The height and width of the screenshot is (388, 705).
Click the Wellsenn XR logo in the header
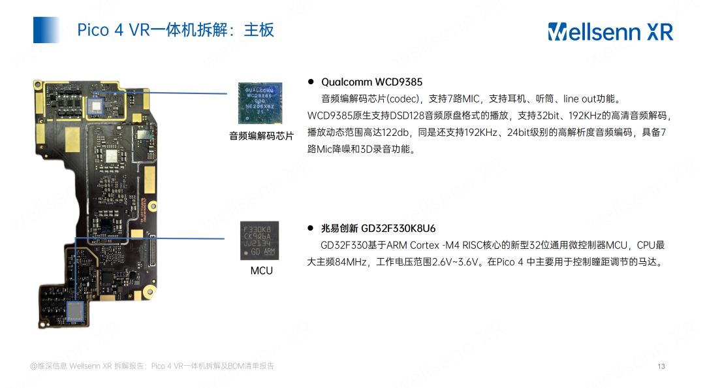610,31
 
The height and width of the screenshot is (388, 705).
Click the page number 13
661,366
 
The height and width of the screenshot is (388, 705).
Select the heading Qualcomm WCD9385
371,82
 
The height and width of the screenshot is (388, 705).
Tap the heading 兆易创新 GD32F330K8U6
378,229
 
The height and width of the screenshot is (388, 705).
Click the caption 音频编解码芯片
261,136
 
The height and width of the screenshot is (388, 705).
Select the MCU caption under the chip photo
261,270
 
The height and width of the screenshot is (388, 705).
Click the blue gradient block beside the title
46,30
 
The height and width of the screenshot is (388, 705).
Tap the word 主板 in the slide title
259,30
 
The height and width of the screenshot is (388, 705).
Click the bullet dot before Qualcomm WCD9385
311,82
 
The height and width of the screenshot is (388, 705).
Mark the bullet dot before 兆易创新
311,229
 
